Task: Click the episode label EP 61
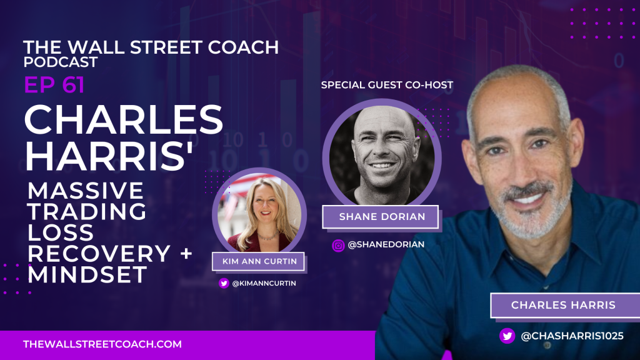pyautogui.click(x=54, y=85)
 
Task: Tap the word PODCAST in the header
pyautogui.click(x=60, y=62)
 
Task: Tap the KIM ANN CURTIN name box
pyautogui.click(x=258, y=261)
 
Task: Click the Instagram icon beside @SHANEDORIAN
pyautogui.click(x=338, y=246)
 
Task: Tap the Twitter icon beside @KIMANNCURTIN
pyautogui.click(x=224, y=283)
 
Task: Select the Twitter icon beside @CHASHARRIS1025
pyautogui.click(x=507, y=336)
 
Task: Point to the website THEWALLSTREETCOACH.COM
pyautogui.click(x=102, y=344)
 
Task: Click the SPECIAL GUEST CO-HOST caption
pyautogui.click(x=387, y=84)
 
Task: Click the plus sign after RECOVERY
pyautogui.click(x=186, y=254)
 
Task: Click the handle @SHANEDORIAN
pyautogui.click(x=386, y=245)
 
